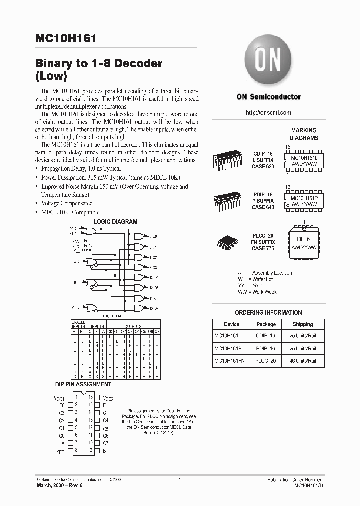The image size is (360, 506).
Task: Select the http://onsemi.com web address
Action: [x=268, y=113]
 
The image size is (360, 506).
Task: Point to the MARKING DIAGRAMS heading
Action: [x=304, y=134]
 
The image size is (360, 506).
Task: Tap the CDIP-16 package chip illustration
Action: [x=227, y=160]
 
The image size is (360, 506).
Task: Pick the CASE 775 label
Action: [x=263, y=248]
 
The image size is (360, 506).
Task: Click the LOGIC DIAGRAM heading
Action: [x=115, y=222]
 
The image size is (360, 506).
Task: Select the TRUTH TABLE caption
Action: [x=115, y=316]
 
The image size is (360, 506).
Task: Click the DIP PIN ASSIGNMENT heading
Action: [x=83, y=384]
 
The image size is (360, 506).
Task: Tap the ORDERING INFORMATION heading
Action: [x=268, y=313]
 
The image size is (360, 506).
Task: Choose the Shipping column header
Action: [x=303, y=324]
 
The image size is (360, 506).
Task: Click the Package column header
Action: [x=266, y=324]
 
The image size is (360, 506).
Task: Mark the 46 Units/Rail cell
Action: [x=303, y=360]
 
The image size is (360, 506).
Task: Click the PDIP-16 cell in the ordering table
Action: [x=266, y=348]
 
